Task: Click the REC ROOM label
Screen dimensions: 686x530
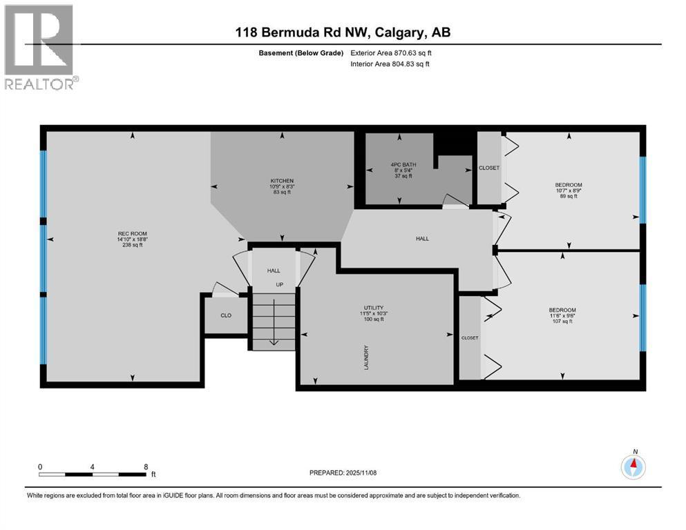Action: pyautogui.click(x=132, y=234)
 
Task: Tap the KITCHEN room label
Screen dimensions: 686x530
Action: pyautogui.click(x=282, y=181)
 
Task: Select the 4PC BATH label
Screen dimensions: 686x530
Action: pyautogui.click(x=403, y=165)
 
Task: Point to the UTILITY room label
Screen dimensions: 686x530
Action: pyautogui.click(x=374, y=308)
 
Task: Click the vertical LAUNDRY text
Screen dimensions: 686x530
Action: pyautogui.click(x=367, y=358)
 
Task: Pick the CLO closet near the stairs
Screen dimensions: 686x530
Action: pyautogui.click(x=226, y=315)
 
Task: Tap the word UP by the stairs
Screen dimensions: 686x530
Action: pyautogui.click(x=280, y=285)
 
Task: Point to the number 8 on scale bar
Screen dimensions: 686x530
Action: pyautogui.click(x=146, y=467)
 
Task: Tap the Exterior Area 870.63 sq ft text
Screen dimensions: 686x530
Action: pyautogui.click(x=391, y=53)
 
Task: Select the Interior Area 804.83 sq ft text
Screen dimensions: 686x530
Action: pyautogui.click(x=390, y=63)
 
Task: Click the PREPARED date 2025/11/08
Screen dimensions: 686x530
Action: pyautogui.click(x=343, y=473)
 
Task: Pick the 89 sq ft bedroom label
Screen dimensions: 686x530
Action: pyautogui.click(x=569, y=196)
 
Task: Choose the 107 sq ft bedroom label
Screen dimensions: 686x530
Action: pyautogui.click(x=562, y=321)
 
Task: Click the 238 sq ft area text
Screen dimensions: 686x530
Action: pyautogui.click(x=132, y=245)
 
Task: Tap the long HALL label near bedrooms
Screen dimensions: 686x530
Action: pyautogui.click(x=422, y=239)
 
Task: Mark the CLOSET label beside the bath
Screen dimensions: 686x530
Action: pyautogui.click(x=489, y=168)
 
